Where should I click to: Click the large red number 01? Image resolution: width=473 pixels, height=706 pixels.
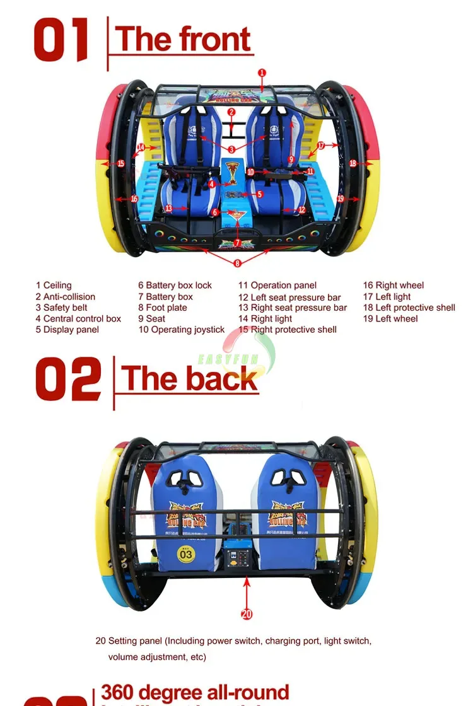coord(61,41)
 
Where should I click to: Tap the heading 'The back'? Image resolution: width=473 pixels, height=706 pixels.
coord(190,378)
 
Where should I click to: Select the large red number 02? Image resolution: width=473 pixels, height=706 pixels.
coord(67,379)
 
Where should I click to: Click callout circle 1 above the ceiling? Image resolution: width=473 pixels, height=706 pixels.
coord(262,73)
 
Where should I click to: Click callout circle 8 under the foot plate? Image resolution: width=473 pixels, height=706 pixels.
coord(237,263)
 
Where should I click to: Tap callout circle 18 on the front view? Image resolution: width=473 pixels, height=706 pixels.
coord(353,163)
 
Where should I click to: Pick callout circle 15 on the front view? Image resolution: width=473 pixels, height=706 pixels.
coord(120,163)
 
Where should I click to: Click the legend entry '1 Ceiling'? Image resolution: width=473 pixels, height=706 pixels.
coord(54,286)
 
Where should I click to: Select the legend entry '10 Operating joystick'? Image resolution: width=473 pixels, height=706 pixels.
coord(182,330)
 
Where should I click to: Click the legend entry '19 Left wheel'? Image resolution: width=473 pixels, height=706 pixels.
coord(390,319)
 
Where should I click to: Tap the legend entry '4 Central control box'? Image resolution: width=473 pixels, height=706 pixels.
coord(78,319)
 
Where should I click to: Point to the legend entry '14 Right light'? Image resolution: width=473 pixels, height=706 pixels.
coord(265,319)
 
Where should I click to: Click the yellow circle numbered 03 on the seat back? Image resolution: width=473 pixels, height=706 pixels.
coord(187,555)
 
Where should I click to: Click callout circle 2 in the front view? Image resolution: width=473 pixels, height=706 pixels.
coord(231,112)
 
